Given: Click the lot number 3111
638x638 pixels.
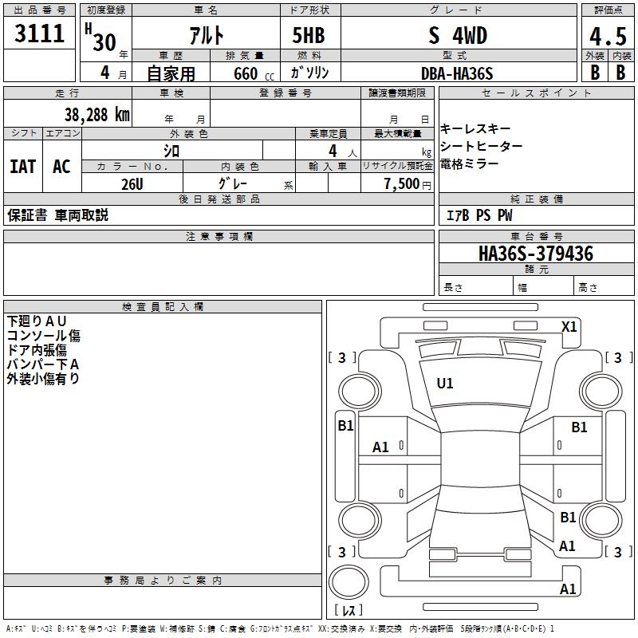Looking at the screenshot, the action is click(x=40, y=35).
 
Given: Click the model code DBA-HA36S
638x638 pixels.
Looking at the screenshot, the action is click(x=457, y=73).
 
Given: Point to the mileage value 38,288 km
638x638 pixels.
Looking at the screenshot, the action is click(x=96, y=114).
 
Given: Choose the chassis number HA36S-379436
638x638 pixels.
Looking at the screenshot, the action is click(x=535, y=254).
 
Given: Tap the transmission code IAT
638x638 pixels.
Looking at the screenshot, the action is click(x=22, y=166).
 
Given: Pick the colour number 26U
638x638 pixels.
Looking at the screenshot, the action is click(x=132, y=183).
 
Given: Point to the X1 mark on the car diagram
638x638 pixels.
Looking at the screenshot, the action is click(x=569, y=326).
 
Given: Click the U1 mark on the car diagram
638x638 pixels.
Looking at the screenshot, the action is click(x=444, y=384).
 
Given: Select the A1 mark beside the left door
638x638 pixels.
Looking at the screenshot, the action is click(x=381, y=447).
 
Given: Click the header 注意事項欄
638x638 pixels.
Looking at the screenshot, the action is click(x=219, y=237).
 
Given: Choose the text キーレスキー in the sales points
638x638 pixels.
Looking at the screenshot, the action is click(x=475, y=129).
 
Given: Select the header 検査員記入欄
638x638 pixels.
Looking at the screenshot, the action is click(x=163, y=307).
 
